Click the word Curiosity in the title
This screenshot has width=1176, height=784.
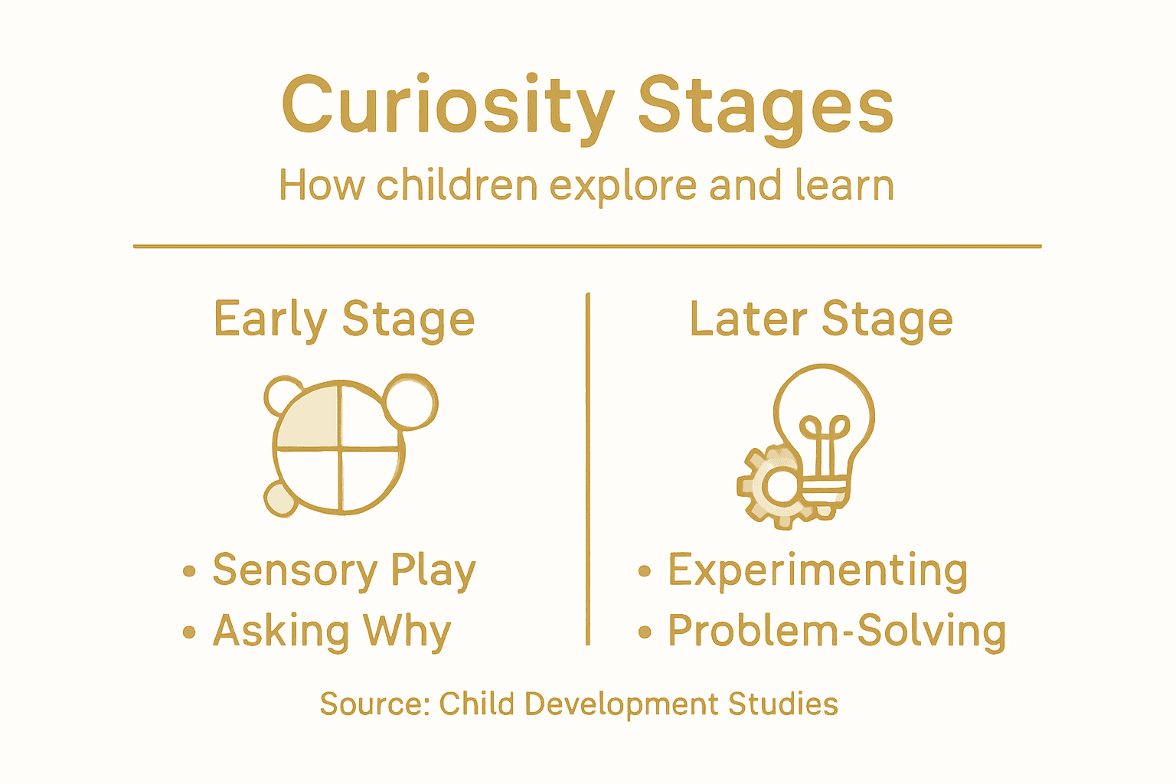(448, 106)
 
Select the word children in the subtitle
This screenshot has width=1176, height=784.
(457, 185)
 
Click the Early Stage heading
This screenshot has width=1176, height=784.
(344, 319)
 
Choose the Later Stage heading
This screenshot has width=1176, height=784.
(821, 319)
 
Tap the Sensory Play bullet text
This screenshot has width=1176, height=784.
(344, 570)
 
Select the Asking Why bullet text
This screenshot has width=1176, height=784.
(332, 631)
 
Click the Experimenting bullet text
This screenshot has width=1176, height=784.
(817, 570)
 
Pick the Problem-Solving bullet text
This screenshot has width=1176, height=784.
(836, 631)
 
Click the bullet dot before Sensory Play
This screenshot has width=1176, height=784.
(189, 571)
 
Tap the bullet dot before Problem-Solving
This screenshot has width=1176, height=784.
(645, 632)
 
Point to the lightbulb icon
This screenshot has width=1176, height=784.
(825, 421)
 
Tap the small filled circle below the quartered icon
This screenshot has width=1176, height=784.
(279, 499)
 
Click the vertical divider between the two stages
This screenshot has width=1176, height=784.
(587, 467)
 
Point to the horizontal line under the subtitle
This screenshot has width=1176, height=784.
(587, 247)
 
